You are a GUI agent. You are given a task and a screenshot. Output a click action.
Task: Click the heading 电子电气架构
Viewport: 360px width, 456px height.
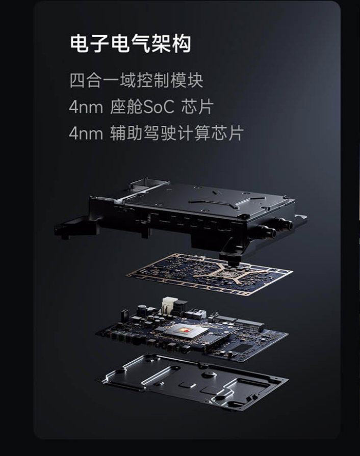click(x=131, y=44)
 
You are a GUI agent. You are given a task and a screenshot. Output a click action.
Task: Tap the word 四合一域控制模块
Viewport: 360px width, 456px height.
click(x=136, y=81)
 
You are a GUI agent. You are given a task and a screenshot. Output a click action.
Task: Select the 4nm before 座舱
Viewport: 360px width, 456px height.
click(x=86, y=108)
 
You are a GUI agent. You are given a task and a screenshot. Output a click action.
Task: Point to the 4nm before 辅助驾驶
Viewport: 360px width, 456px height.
click(x=86, y=133)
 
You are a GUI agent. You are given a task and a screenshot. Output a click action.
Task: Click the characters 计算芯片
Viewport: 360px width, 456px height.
click(x=210, y=133)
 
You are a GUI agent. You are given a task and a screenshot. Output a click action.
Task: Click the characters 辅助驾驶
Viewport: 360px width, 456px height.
click(x=143, y=133)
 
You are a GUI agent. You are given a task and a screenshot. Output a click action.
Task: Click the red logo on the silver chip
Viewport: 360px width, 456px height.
click(x=186, y=330)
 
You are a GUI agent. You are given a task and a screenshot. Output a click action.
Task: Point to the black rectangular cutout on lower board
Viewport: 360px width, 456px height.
click(x=244, y=348)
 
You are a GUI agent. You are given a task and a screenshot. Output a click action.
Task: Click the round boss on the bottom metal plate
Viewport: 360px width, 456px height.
click(x=209, y=374)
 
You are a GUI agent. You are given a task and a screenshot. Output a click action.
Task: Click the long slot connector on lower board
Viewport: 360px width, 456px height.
click(x=249, y=325)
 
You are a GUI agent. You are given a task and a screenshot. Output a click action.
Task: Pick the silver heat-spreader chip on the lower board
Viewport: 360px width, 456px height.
click(x=183, y=331)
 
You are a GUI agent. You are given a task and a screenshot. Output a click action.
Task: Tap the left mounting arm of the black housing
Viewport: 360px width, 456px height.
click(x=75, y=228)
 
